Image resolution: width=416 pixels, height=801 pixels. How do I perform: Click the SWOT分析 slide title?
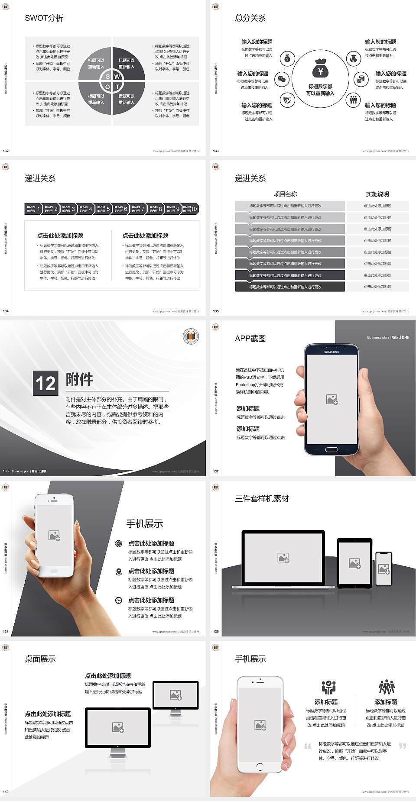pyautogui.click(x=44, y=18)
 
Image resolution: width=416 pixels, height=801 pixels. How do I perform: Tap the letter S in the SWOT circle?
pyautogui.click(x=108, y=77)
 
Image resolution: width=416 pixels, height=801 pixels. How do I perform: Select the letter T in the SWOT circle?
pyautogui.click(x=117, y=87)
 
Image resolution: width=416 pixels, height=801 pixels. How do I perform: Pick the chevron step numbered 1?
pyautogui.click(x=33, y=209)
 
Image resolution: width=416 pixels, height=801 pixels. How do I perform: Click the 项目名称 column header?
pyautogui.click(x=285, y=194)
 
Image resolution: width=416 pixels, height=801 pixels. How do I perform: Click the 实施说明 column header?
pyautogui.click(x=377, y=194)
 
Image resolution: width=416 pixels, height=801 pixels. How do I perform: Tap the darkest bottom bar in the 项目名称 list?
pyautogui.click(x=289, y=287)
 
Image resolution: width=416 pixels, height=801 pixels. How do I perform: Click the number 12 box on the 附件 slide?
pyautogui.click(x=45, y=383)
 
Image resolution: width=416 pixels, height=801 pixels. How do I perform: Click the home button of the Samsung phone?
pyautogui.click(x=331, y=449)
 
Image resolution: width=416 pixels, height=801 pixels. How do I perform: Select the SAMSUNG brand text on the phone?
pyautogui.click(x=331, y=352)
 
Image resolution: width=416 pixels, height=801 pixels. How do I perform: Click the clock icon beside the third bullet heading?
pyautogui.click(x=119, y=600)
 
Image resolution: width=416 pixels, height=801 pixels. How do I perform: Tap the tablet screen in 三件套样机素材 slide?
pyautogui.click(x=354, y=563)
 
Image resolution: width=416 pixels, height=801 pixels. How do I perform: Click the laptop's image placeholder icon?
pyautogui.click(x=283, y=558)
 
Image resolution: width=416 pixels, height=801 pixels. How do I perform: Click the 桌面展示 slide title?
pyautogui.click(x=40, y=659)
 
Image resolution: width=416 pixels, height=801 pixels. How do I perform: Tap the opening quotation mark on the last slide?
pyautogui.click(x=308, y=746)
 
